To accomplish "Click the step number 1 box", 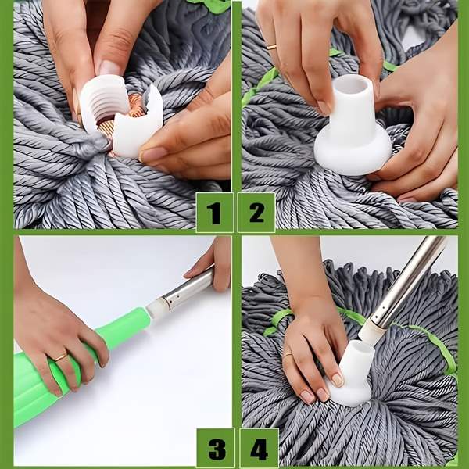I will pyautogui.click(x=214, y=213).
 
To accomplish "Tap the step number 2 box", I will pyautogui.click(x=256, y=213).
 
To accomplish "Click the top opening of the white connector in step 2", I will pyautogui.click(x=353, y=85).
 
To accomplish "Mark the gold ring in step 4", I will pyautogui.click(x=288, y=356).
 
